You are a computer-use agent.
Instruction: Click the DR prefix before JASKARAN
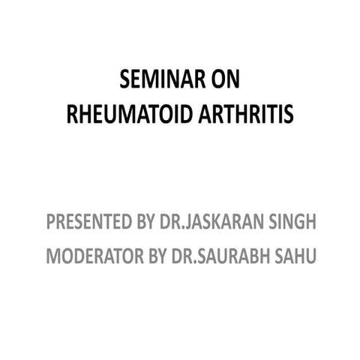(169, 222)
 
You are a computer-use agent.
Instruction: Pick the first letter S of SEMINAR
(125, 80)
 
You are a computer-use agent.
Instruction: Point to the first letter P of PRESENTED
(50, 222)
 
